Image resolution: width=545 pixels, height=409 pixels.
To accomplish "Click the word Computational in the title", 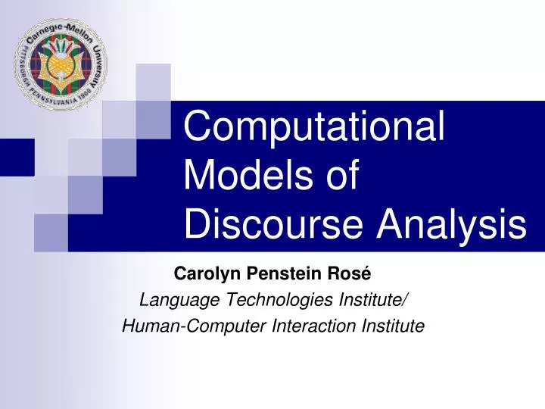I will (315, 128).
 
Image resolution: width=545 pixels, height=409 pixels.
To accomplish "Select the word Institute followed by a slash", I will (374, 299).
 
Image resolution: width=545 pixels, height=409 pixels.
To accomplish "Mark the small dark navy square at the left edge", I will (17, 158).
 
